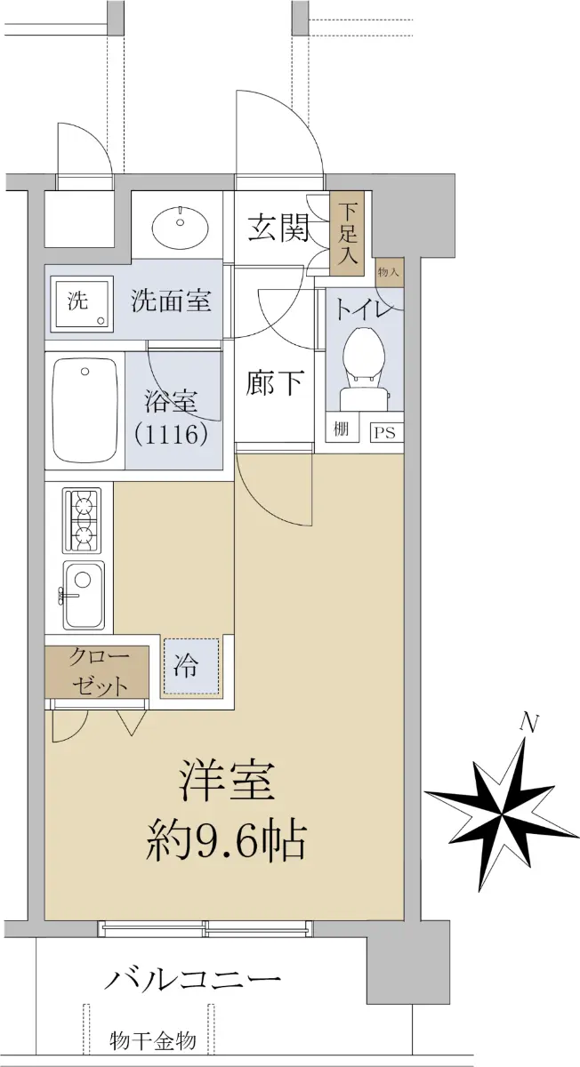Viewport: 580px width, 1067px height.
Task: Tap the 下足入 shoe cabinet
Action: click(348, 233)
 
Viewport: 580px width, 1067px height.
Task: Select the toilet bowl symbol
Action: click(366, 367)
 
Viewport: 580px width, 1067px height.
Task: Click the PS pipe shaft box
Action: click(384, 432)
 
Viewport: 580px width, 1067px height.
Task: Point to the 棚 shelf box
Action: click(341, 429)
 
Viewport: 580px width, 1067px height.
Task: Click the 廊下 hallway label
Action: click(275, 382)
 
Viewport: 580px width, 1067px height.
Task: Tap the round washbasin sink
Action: click(181, 225)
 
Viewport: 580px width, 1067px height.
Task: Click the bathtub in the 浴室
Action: click(85, 409)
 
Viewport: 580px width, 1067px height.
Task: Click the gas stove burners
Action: click(82, 521)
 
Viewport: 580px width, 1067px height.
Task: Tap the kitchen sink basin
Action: click(84, 595)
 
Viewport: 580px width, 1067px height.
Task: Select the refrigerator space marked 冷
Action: click(191, 666)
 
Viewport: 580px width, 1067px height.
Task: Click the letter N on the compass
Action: click(528, 723)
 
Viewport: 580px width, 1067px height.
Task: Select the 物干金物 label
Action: click(153, 1040)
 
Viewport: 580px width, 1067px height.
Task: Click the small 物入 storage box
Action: click(390, 272)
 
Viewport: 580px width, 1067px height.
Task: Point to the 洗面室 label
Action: click(171, 301)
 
